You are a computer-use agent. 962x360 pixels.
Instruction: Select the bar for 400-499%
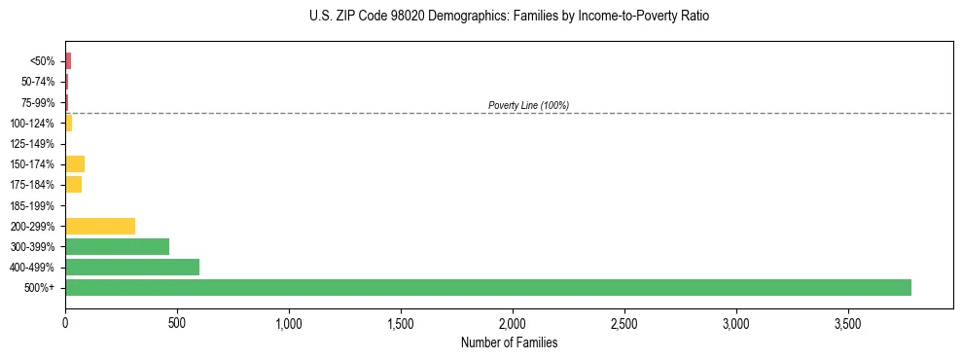[132, 267]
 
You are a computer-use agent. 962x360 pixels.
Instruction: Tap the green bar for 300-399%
[117, 246]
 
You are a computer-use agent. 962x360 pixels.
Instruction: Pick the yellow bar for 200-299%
[100, 226]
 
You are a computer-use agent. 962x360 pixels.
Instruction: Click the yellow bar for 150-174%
[75, 163]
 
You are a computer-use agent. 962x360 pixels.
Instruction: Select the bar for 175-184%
[73, 184]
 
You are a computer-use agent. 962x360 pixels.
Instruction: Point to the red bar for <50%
[68, 61]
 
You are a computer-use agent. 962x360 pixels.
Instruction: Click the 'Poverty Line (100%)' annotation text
[528, 105]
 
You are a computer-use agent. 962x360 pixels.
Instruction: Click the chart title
[503, 17]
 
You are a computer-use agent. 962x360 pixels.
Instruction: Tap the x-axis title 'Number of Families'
[509, 342]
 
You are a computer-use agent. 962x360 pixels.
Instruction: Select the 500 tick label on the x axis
[177, 322]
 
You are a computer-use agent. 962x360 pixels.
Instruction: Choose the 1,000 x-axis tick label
[289, 322]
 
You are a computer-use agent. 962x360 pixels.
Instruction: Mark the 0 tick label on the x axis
[65, 322]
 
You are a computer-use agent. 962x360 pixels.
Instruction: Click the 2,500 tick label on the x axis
[624, 322]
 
